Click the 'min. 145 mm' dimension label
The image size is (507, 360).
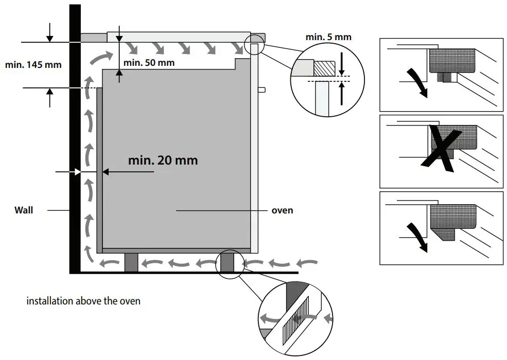[x=33, y=65]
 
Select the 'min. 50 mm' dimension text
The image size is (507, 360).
[x=149, y=63]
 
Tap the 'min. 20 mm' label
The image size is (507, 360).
[x=163, y=160]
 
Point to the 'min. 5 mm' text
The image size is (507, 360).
[x=328, y=37]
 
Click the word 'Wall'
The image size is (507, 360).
[x=24, y=210]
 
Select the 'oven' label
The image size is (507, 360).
[x=283, y=210]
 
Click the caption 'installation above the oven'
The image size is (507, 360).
[x=83, y=301]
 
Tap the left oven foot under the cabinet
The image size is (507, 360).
[x=132, y=262]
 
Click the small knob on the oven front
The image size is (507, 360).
[x=261, y=90]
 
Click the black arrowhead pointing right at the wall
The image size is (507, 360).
[x=77, y=172]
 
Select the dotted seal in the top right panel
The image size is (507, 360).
[x=451, y=61]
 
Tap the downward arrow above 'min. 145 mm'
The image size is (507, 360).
[x=49, y=33]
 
